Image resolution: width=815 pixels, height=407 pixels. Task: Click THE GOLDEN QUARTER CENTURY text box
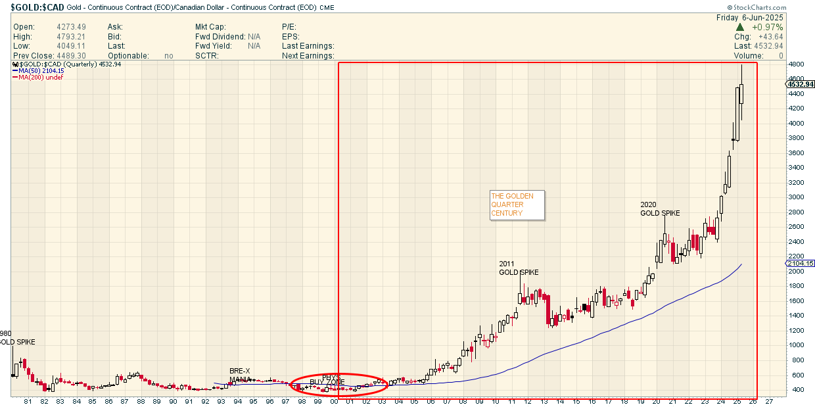click(x=517, y=204)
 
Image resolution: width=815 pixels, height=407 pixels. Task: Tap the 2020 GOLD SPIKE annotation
click(x=660, y=208)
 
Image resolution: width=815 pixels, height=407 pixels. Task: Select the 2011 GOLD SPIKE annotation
click(x=519, y=268)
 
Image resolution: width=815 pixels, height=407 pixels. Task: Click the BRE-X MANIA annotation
click(x=240, y=375)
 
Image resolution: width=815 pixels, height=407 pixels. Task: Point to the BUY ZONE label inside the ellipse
click(x=327, y=382)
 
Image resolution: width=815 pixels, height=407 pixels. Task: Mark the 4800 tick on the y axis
click(x=797, y=64)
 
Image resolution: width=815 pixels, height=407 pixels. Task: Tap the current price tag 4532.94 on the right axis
click(x=799, y=84)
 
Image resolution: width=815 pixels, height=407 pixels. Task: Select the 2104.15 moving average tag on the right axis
click(x=799, y=263)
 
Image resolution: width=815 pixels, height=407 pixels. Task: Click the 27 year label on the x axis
click(x=768, y=401)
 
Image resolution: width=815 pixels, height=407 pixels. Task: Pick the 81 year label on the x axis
click(x=28, y=401)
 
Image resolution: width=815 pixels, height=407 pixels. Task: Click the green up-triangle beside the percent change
click(x=739, y=27)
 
